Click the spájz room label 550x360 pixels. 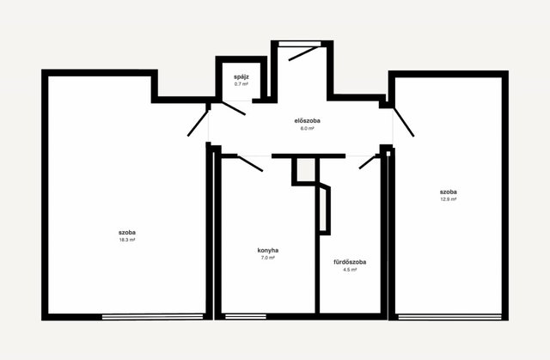[x=241, y=77]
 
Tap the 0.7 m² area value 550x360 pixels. [x=241, y=84]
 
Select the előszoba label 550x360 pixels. [x=308, y=120]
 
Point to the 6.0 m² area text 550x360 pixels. [x=308, y=128]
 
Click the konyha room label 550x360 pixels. [x=268, y=250]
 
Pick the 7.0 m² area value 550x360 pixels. [x=268, y=258]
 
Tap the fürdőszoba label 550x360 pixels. [x=350, y=262]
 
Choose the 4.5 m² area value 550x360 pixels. [x=350, y=270]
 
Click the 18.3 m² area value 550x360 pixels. [x=127, y=240]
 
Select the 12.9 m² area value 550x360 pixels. [x=449, y=199]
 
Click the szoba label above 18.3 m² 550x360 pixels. [x=127, y=232]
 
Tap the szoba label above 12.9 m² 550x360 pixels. [x=449, y=192]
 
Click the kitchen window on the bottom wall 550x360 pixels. [x=246, y=317]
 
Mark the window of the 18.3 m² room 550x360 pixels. [x=153, y=317]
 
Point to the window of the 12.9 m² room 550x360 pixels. [x=450, y=317]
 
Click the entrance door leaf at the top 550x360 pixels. [x=303, y=53]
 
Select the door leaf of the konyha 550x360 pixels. [x=250, y=164]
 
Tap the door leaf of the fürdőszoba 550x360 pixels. [x=368, y=162]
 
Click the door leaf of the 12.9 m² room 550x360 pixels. [x=404, y=122]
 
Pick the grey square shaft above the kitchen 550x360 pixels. [x=306, y=170]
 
